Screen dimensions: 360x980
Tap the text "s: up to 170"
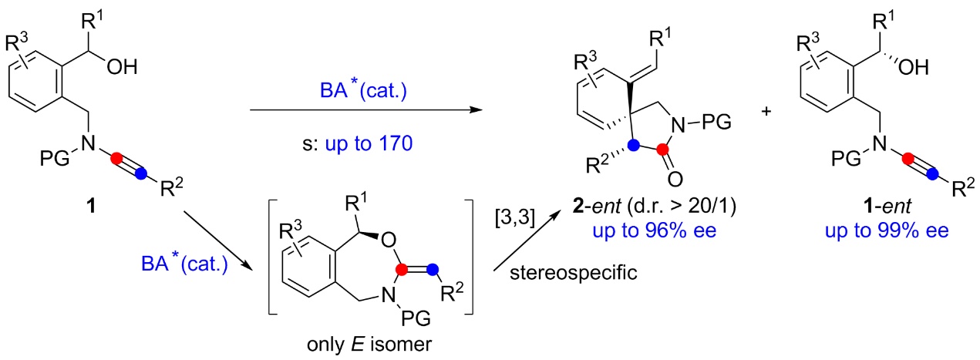pos(365,146)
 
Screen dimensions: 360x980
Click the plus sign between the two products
pos(766,112)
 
